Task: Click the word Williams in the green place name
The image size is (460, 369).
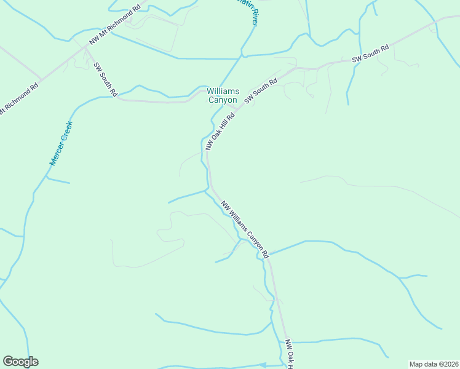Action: (x=223, y=92)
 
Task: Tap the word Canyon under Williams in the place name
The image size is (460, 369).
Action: (x=222, y=100)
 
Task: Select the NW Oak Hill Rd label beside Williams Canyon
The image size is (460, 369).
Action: (x=221, y=131)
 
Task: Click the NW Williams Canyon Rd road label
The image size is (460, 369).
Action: (x=245, y=229)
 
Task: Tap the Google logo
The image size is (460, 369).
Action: (x=20, y=362)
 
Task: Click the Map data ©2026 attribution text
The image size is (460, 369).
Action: (x=434, y=363)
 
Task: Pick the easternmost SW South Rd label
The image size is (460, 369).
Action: (x=370, y=54)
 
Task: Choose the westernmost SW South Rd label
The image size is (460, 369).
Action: (x=105, y=79)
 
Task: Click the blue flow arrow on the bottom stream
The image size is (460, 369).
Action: (x=263, y=365)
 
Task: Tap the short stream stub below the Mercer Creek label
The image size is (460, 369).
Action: (x=58, y=181)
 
